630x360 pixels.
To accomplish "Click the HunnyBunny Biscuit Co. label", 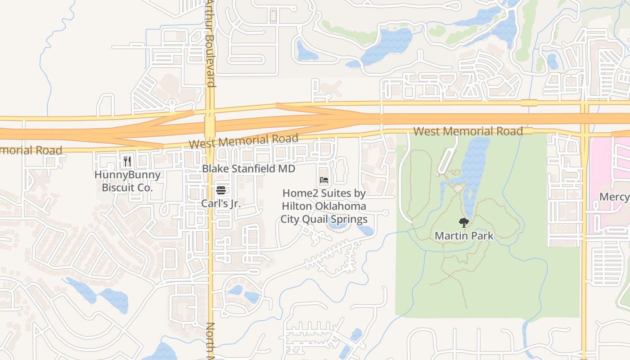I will coord(127,181).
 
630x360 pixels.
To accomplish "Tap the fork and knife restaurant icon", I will coord(127,161).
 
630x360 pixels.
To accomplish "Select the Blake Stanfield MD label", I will coord(248,169).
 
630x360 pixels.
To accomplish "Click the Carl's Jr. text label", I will coord(220,203).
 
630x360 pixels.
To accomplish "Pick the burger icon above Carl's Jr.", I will coord(220,190).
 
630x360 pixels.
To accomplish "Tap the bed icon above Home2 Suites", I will coord(324,180).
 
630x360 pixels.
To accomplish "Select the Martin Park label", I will coord(464,235).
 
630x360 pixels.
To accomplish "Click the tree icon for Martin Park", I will coord(464,222).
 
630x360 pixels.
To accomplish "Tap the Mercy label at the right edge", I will coord(615,197).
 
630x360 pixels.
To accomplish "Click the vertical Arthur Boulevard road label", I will coord(211,43).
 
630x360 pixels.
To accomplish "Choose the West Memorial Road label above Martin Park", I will coord(468,131).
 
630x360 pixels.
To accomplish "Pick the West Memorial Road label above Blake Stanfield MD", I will coord(243,141).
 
